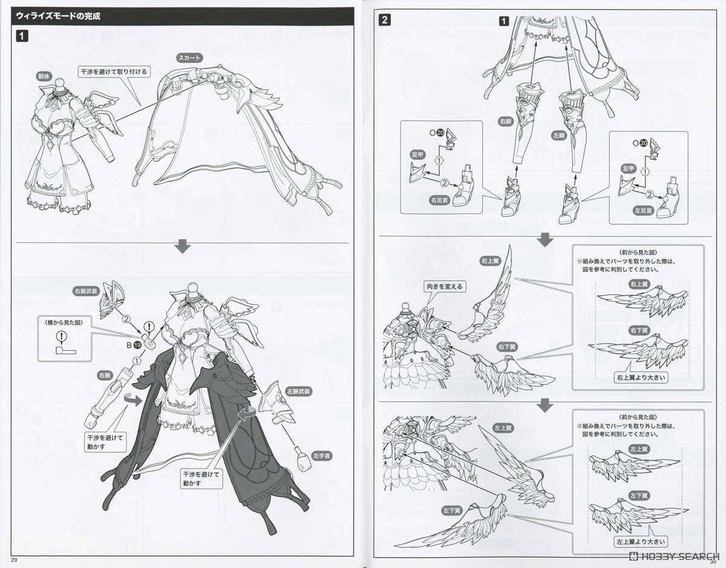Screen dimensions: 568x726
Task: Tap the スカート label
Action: click(190, 58)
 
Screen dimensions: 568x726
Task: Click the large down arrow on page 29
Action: click(182, 246)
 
